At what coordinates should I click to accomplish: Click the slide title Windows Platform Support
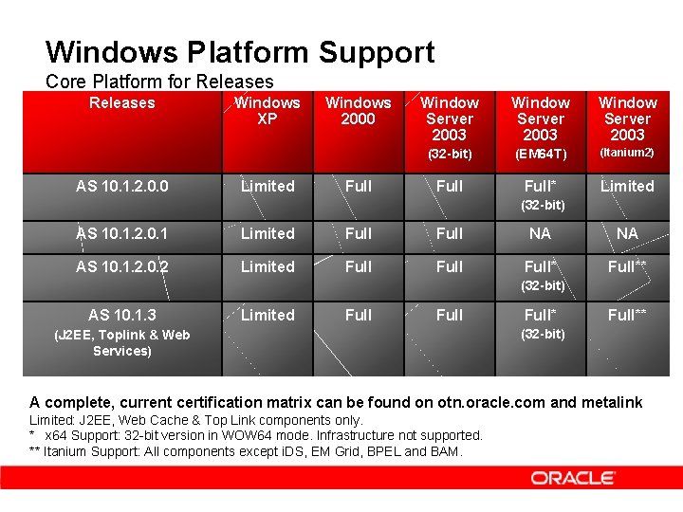[240, 51]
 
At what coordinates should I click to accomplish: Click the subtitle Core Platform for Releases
[159, 82]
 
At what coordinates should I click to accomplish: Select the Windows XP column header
[268, 111]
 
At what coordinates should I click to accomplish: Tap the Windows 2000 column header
[358, 111]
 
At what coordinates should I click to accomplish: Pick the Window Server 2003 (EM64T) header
[541, 126]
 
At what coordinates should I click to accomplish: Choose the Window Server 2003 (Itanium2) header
[627, 126]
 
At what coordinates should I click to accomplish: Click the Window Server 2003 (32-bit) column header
[450, 126]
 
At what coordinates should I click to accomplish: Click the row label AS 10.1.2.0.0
[121, 187]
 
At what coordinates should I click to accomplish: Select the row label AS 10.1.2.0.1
[121, 233]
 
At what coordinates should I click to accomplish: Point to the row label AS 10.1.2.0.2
[121, 267]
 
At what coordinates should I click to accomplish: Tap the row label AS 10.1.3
[121, 315]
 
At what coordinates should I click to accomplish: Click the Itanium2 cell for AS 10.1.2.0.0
[627, 187]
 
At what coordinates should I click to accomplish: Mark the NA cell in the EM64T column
[541, 233]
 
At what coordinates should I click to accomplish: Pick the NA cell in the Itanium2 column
[627, 233]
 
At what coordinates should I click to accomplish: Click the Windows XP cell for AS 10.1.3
[268, 315]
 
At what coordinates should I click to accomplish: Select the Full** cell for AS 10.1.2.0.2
[627, 267]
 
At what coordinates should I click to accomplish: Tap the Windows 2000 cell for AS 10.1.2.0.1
[359, 233]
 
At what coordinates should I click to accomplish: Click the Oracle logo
[573, 478]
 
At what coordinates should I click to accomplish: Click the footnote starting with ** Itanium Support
[247, 451]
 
